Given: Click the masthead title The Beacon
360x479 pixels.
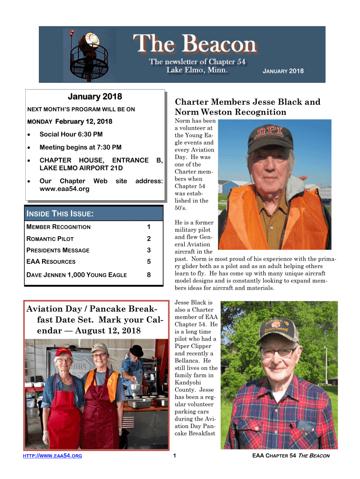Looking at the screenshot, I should [x=196, y=45].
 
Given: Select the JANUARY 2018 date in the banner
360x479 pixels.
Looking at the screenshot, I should [x=283, y=71].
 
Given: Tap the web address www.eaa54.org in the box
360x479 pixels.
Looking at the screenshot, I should [x=65, y=189].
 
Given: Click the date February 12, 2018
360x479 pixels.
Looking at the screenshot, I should [x=84, y=122].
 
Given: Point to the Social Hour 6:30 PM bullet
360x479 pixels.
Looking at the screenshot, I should [x=71, y=134].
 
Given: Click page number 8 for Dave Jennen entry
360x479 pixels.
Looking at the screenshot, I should [x=148, y=275].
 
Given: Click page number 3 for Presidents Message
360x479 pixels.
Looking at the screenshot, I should [x=148, y=250].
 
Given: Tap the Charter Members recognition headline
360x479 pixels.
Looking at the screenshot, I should [x=247, y=107].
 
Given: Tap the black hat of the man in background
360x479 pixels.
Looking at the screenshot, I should [x=137, y=350].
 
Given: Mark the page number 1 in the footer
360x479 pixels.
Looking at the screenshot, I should [x=174, y=456].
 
